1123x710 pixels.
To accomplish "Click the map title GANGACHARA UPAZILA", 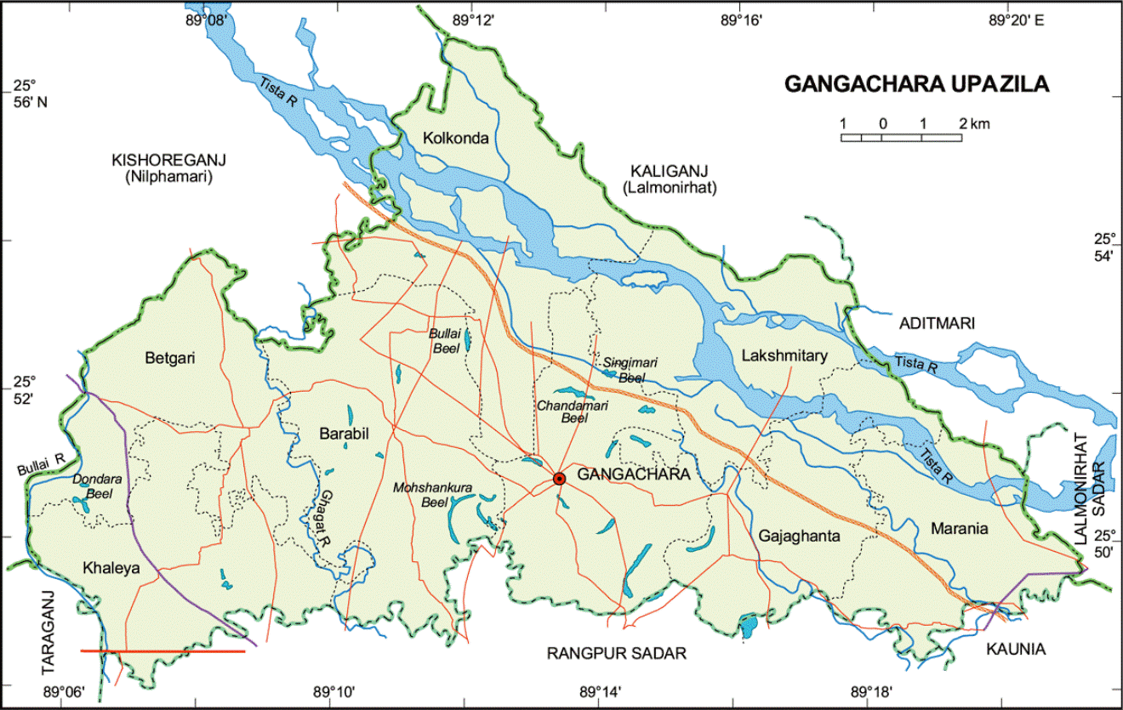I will point(916,84).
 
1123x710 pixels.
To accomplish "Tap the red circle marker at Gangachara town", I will point(559,479).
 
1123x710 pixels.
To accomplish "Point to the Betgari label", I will point(170,358).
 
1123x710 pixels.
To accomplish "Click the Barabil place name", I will point(344,434).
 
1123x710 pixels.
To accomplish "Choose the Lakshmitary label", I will point(783,356).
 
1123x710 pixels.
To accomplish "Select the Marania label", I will point(959,528).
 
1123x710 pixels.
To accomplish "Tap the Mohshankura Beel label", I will point(433,495).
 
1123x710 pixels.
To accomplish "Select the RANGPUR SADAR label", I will point(616,653).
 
